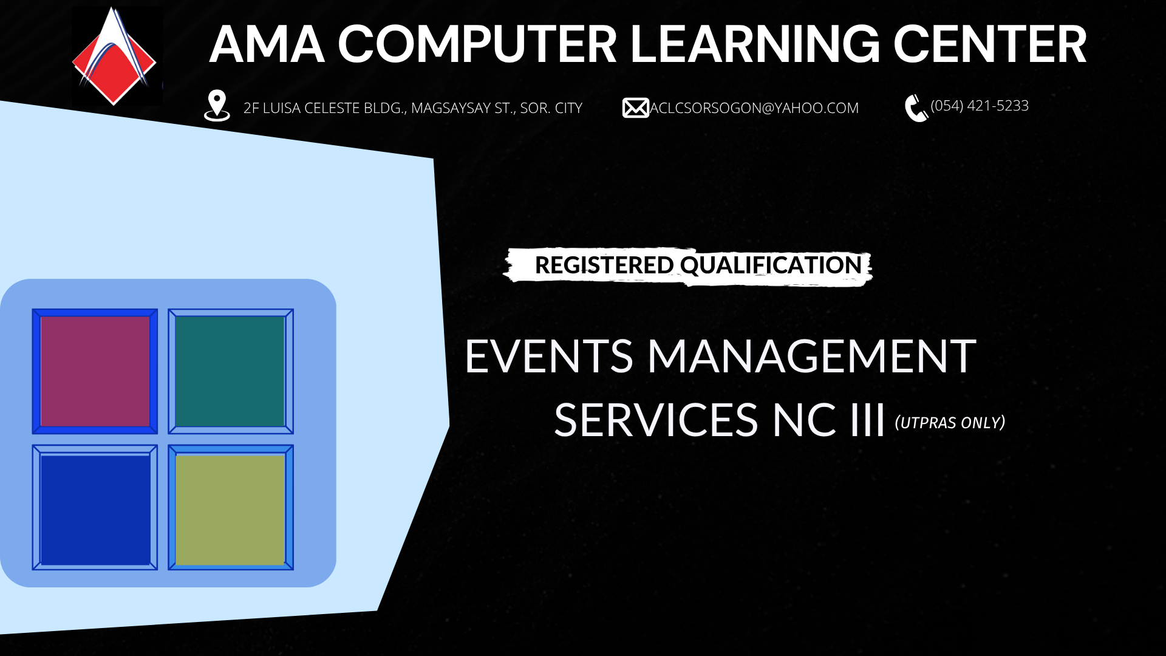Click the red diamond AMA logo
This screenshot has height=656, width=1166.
tap(114, 57)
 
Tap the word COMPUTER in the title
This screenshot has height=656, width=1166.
tap(477, 44)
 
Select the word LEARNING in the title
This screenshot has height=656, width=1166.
tap(755, 44)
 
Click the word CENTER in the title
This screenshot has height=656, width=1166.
tap(989, 44)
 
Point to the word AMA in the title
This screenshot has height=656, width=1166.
tap(267, 44)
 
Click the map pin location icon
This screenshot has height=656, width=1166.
tap(217, 106)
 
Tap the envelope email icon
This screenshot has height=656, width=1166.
tap(635, 108)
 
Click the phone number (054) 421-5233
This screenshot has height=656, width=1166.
tap(980, 106)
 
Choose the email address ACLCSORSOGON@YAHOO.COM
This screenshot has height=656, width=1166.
tap(754, 108)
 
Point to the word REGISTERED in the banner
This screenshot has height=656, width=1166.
tap(604, 265)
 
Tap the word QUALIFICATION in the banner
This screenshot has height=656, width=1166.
tap(771, 265)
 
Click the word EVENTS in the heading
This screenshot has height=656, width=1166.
tap(549, 356)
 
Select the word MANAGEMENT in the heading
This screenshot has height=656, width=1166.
tap(812, 356)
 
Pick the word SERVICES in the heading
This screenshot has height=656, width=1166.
tap(656, 420)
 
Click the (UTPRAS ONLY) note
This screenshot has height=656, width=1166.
tap(950, 422)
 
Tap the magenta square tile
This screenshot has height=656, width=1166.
tap(95, 371)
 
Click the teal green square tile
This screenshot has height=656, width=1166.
tap(230, 371)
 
